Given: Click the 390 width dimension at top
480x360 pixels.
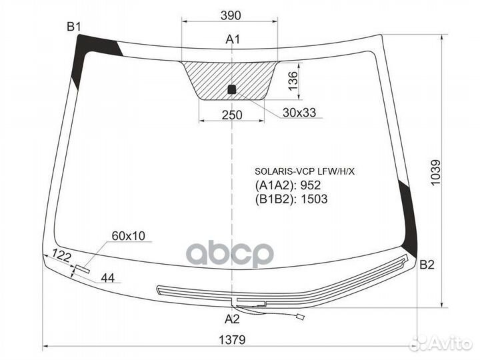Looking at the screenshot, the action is [x=231, y=15].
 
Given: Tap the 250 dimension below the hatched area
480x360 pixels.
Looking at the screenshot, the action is [x=232, y=115].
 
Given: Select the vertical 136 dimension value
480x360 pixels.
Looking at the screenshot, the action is [x=293, y=81].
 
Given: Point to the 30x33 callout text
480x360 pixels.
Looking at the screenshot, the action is [x=299, y=113].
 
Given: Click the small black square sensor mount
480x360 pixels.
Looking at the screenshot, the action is [x=232, y=89].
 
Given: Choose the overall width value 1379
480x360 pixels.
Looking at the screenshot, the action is [x=232, y=340].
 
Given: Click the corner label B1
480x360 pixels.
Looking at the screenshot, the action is [x=74, y=27].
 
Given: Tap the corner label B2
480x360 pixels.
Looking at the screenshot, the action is [x=427, y=265].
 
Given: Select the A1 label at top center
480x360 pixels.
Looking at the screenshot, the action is [x=233, y=39].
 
